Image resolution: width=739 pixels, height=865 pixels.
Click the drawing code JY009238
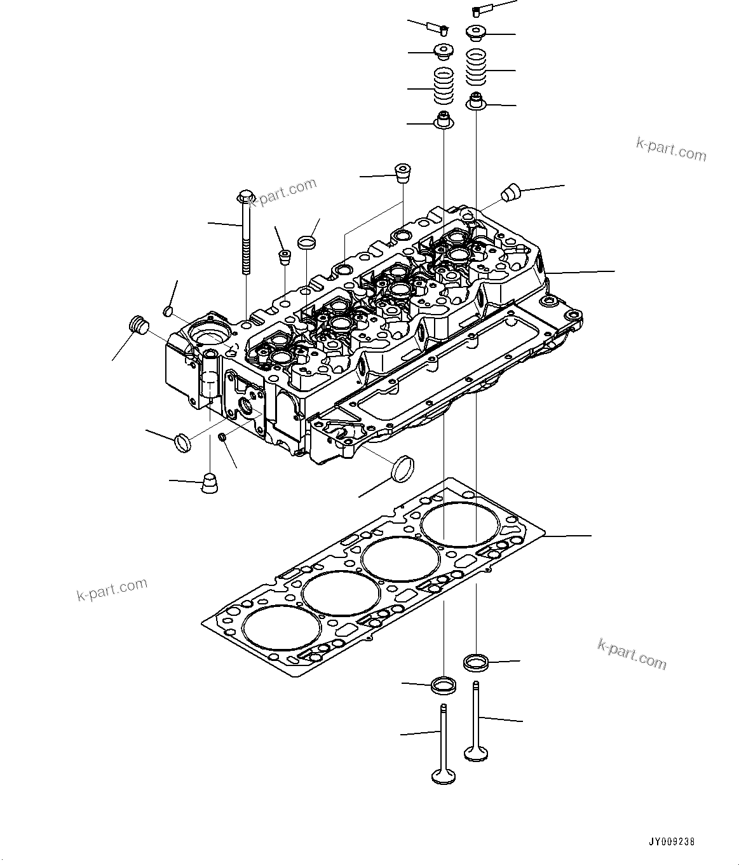(672, 841)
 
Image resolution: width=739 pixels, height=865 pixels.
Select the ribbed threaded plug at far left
(138, 324)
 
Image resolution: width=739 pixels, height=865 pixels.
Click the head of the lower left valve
(443, 776)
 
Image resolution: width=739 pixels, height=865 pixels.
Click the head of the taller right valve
(476, 754)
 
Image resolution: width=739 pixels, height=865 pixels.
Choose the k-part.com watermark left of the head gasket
(112, 589)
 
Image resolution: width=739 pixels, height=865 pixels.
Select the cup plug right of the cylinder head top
(511, 192)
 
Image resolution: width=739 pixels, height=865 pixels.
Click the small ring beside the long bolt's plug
(306, 242)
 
